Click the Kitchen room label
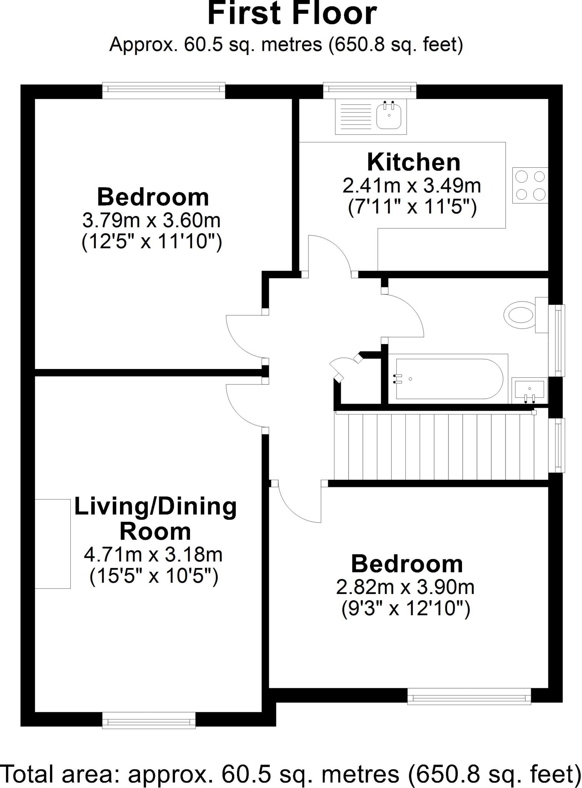(414, 162)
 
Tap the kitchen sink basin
(389, 116)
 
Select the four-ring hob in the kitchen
(530, 185)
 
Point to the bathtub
(449, 379)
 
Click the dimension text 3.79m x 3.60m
(152, 221)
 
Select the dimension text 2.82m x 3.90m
(405, 587)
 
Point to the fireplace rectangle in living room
(53, 544)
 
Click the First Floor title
(292, 14)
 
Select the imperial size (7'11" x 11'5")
(412, 208)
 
